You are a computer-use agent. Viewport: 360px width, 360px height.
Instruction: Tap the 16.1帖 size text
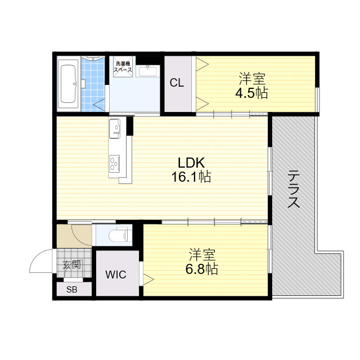coord(191,178)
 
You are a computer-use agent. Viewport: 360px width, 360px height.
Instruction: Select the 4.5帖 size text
coord(251,93)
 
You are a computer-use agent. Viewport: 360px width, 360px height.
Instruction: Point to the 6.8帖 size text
coord(201,269)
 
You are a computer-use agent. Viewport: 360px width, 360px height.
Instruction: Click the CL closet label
coord(177,83)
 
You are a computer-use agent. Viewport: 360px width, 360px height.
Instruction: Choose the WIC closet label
coord(116,275)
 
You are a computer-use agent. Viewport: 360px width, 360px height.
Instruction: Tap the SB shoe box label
coord(71,290)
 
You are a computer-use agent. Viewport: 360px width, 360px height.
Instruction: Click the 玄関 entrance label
coord(71,265)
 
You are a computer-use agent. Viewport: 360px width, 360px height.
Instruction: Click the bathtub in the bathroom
coord(68,84)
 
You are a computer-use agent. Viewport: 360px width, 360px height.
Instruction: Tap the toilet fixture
coord(118,235)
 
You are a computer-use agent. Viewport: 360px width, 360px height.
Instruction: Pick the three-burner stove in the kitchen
coord(114,163)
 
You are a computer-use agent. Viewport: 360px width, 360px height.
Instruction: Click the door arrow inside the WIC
coord(148,277)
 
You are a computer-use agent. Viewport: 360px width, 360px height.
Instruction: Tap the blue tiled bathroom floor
coord(93,84)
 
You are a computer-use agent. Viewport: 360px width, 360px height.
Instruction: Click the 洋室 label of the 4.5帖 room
coord(251,79)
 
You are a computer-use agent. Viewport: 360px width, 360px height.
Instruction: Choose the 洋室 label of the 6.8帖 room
coord(202,254)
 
